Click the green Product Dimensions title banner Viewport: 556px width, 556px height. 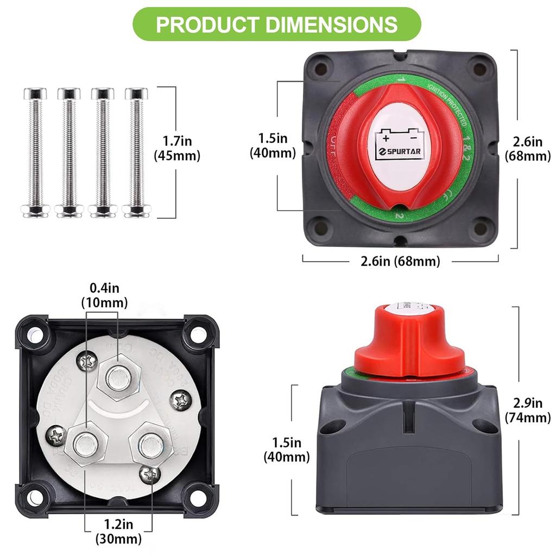(277, 24)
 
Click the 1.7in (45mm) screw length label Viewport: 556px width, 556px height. (177, 149)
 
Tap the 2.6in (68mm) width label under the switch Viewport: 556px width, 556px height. (400, 261)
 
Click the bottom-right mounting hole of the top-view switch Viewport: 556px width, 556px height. (479, 224)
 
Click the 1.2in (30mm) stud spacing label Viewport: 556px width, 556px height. (118, 532)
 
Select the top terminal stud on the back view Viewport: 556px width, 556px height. (118, 378)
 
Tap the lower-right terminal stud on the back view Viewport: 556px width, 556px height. (147, 445)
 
